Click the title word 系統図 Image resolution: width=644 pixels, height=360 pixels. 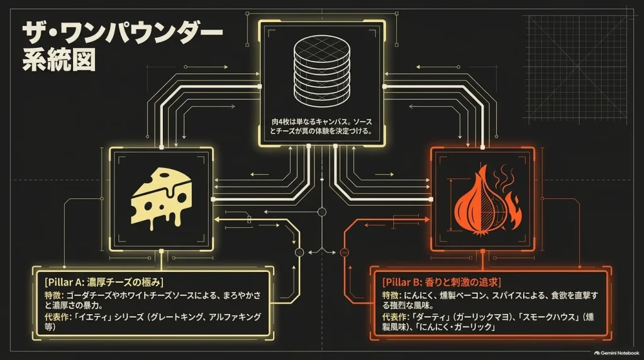(58, 60)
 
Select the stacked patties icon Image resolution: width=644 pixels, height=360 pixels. (322, 71)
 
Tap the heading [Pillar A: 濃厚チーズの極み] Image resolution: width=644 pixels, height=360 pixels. (104, 283)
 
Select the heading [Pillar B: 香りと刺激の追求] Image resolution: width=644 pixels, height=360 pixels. (441, 283)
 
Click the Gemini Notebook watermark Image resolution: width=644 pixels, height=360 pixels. (616, 353)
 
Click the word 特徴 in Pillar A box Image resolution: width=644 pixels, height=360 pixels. (53, 295)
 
